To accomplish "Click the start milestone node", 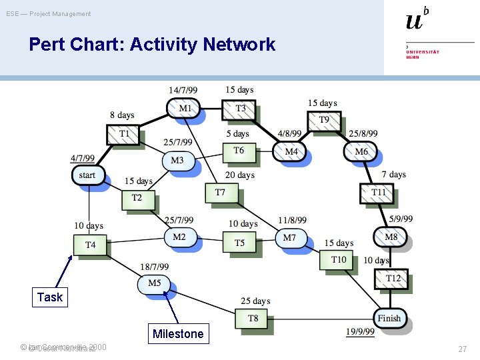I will pos(88,175).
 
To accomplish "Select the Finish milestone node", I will pos(389,318).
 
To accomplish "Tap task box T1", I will pos(124,134).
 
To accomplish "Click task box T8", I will pos(253,319).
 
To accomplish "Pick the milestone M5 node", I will pos(155,283).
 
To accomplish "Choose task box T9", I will pos(324,120).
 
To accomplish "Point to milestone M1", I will pos(184,108).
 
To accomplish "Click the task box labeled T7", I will pos(221,193).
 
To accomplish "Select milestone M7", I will pos(290,238).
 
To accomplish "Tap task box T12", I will pos(393,278).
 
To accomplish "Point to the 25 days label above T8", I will pos(255,301).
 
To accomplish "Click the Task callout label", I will pos(50,297).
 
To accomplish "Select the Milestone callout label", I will pos(177,334).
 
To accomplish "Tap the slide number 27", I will pos(462,349).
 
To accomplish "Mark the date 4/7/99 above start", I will pos(83,159).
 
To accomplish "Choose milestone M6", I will pos(361,152).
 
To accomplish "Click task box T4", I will pos(91,245).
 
